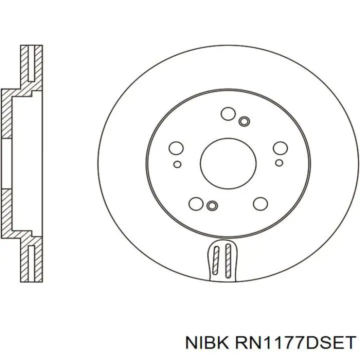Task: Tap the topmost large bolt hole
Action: (228, 113)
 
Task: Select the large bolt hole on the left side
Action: (176, 148)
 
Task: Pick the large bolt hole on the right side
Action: (280, 148)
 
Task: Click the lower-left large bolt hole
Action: (196, 203)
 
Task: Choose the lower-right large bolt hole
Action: (260, 203)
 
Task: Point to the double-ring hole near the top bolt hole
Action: (244, 121)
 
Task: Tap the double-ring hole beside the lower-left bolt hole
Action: (212, 205)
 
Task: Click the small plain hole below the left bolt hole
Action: (177, 164)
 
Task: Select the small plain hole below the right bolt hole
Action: (279, 163)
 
